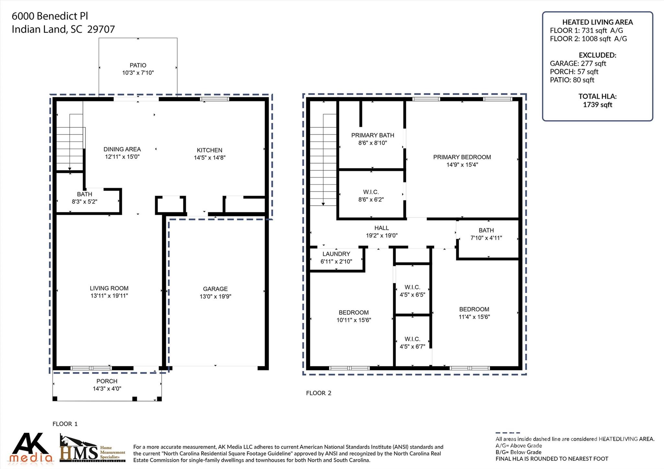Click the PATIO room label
[138, 65]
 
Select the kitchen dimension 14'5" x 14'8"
[209, 158]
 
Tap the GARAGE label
[215, 289]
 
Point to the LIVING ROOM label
[109, 288]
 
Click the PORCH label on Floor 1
[107, 381]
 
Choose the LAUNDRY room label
[336, 254]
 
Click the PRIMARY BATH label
[373, 135]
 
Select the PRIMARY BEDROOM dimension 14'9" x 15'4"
[462, 165]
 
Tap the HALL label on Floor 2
[381, 228]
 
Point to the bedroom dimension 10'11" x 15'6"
[353, 320]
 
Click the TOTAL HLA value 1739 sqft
[597, 105]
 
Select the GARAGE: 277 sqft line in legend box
[578, 64]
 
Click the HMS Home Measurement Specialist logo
[92, 449]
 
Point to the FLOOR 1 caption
[65, 424]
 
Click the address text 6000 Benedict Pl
[50, 16]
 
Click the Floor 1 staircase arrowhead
[70, 169]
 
